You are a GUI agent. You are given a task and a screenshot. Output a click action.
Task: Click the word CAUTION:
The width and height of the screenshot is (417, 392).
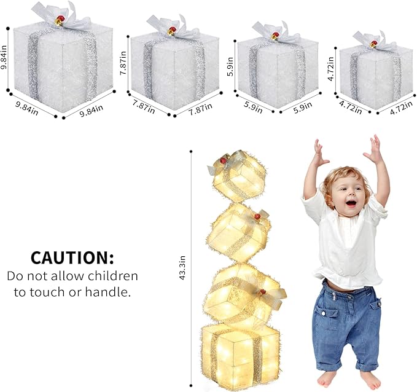pyautogui.click(x=72, y=257)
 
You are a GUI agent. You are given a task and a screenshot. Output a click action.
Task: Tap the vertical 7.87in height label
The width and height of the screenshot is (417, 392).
pyautogui.click(x=124, y=63)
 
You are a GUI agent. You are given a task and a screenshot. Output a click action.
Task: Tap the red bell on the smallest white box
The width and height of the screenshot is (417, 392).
pyautogui.click(x=373, y=44)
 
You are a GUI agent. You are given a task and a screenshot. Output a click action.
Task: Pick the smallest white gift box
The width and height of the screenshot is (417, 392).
pyautogui.click(x=375, y=77)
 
